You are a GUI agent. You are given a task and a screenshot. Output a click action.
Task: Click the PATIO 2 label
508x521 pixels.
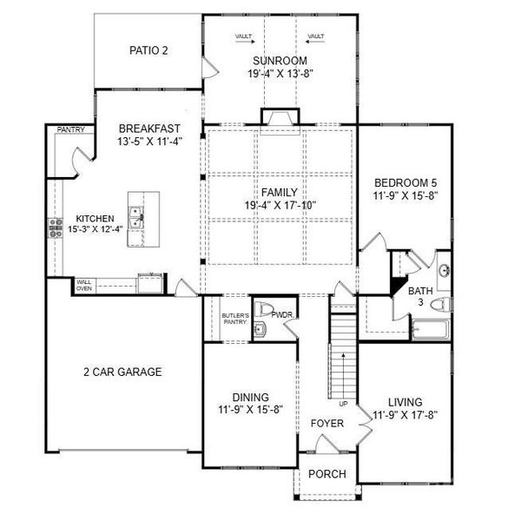[x=148, y=50]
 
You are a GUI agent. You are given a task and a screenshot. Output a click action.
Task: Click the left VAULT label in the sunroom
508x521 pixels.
[x=244, y=36]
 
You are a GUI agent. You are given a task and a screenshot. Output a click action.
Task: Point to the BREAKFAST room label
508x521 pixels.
[x=148, y=127]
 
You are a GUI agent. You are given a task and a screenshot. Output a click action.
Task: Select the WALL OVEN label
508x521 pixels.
[x=85, y=286]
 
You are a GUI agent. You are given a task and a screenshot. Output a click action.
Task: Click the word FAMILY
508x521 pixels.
[x=280, y=193]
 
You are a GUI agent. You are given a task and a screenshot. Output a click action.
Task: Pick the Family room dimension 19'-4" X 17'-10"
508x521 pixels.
[x=280, y=206]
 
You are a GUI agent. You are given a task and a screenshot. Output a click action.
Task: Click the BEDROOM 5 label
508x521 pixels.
[x=404, y=183]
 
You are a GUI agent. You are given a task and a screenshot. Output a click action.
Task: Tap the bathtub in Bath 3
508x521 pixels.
[x=428, y=329]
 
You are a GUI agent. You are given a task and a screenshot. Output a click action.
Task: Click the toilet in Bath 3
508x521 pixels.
[x=440, y=304]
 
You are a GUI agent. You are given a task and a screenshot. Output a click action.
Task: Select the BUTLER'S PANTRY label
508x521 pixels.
[x=235, y=319]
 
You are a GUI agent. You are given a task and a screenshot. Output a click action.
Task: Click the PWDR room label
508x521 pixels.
[x=282, y=314]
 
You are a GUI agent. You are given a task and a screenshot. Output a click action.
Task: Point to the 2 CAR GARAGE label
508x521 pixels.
[x=122, y=372]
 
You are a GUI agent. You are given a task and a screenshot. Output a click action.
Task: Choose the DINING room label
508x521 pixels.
[x=250, y=397]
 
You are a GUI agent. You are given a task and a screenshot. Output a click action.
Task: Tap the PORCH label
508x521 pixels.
[x=327, y=474]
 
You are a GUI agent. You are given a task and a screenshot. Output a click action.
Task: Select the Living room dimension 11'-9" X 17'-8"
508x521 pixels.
[x=406, y=415]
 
